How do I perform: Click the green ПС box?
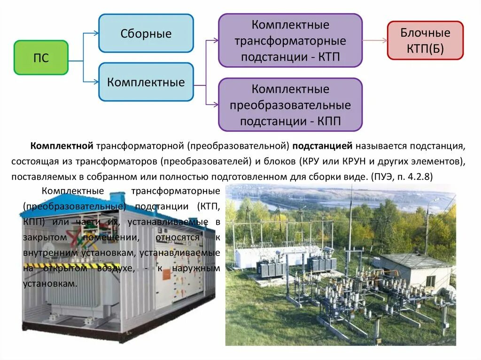41,58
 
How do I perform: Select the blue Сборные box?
146,33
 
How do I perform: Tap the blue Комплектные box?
146,82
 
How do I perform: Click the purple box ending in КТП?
290,40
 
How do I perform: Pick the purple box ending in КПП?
290,105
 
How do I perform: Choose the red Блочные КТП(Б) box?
425,40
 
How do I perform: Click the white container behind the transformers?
256,256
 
